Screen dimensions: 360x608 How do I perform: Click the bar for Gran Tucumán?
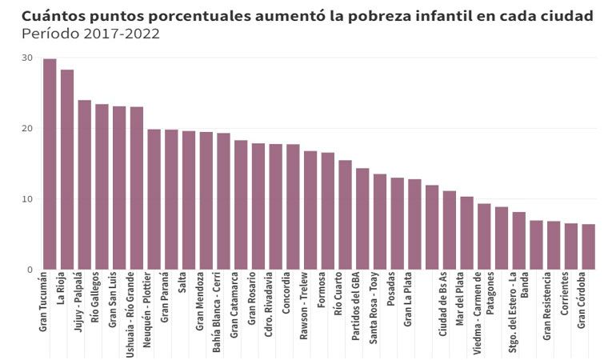point(50,164)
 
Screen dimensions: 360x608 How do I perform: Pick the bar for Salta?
point(189,200)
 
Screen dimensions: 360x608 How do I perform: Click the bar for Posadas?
point(398,223)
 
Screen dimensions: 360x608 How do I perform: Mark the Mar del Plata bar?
point(466,233)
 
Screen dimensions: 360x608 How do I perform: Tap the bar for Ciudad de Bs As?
point(432,227)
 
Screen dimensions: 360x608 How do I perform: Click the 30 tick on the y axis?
point(27,58)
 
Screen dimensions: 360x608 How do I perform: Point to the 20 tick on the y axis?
point(27,129)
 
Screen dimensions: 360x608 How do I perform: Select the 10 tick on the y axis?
point(27,199)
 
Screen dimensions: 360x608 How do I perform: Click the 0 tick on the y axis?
point(30,270)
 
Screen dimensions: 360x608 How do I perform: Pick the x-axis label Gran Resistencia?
point(547,306)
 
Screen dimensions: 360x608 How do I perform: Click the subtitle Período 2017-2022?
point(90,34)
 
